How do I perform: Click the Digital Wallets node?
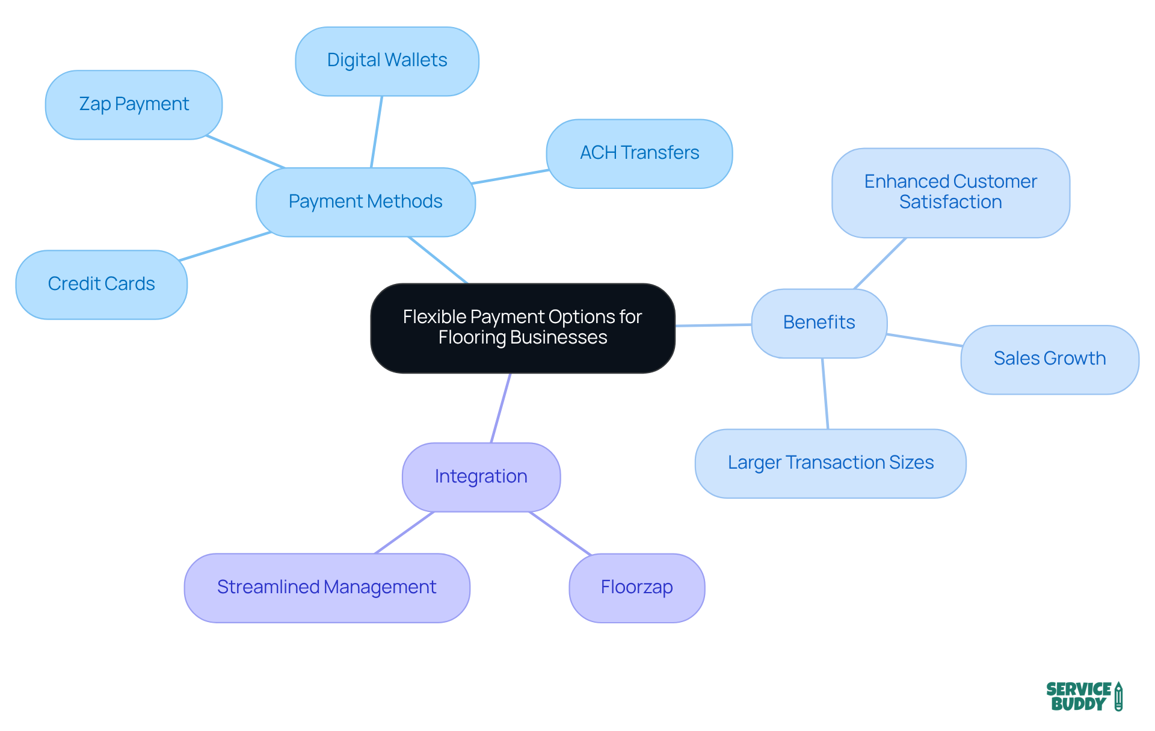coord(387,61)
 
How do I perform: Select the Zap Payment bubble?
coord(134,105)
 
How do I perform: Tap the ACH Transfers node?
coord(639,153)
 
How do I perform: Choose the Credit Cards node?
coord(101,284)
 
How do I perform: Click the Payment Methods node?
coord(365,202)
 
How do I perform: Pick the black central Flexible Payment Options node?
coord(522,328)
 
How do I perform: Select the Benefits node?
coord(819,323)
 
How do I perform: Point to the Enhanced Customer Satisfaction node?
coord(950,193)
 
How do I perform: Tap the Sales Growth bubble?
coord(1049,359)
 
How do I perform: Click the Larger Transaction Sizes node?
coord(830,463)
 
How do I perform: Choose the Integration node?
coord(481,477)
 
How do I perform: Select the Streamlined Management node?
coord(327,588)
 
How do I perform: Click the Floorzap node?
coord(636,588)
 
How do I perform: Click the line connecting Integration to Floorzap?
coord(561,534)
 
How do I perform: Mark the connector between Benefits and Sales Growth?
coord(924,340)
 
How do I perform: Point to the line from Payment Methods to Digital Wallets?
coord(377,132)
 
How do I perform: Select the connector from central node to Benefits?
coord(713,325)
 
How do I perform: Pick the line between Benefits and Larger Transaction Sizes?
coord(825,393)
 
